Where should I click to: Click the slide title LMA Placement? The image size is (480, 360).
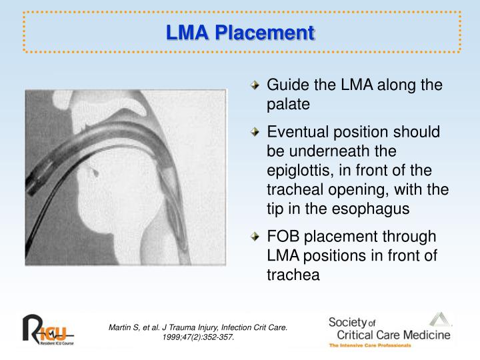pyautogui.click(x=240, y=32)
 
